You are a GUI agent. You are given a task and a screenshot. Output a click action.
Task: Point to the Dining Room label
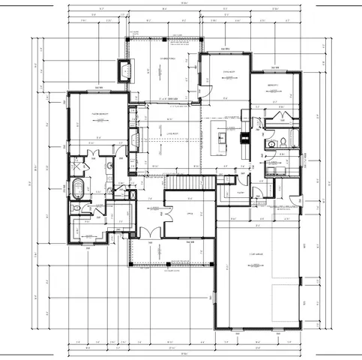(229, 73)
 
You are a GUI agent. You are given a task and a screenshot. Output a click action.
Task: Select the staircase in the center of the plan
(182, 182)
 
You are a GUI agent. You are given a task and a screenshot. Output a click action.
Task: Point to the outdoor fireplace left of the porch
(124, 72)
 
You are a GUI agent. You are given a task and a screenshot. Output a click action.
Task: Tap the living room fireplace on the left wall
(134, 140)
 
